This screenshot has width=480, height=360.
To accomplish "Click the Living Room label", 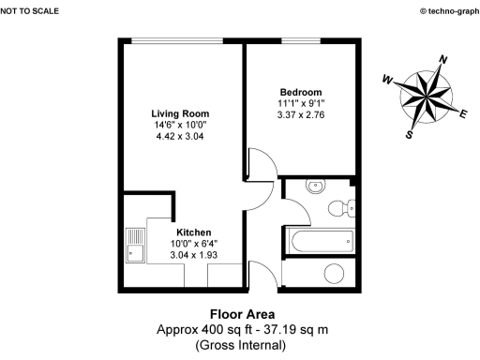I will (x=180, y=112).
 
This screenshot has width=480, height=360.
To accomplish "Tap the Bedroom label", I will (x=300, y=91).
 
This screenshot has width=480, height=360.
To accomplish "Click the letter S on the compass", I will (x=410, y=134).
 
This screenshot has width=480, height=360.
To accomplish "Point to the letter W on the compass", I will (x=386, y=82).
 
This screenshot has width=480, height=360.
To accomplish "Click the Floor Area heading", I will (x=240, y=314).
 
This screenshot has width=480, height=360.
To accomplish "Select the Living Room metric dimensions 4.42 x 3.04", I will (x=180, y=136).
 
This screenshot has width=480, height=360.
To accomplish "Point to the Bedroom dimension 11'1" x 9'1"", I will (x=300, y=103).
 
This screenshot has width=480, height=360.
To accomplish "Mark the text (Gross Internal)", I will (x=240, y=346).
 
